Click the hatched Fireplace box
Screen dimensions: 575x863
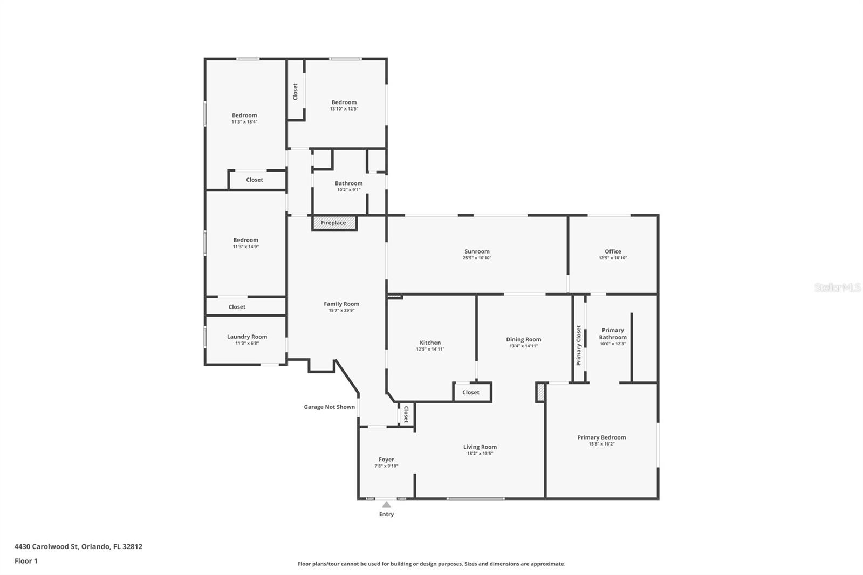(x=334, y=223)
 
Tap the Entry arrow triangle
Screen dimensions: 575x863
(x=386, y=504)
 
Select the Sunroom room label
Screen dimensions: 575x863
(x=477, y=251)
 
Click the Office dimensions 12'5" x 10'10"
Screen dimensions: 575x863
(x=613, y=258)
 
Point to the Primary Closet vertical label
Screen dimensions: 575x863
(x=579, y=345)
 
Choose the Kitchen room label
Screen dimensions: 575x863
(x=430, y=343)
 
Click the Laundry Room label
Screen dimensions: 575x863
(x=247, y=337)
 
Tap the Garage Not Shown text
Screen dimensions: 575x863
(x=329, y=407)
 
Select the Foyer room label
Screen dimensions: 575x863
(x=386, y=460)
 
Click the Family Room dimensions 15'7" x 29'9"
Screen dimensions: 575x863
(x=341, y=310)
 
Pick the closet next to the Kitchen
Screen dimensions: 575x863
(x=471, y=392)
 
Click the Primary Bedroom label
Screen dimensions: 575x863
(x=601, y=437)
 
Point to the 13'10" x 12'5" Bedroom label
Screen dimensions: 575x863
(x=344, y=102)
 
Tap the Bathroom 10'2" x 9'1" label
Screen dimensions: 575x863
(x=348, y=183)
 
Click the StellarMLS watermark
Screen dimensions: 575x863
(x=837, y=287)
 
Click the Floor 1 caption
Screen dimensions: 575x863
(x=26, y=561)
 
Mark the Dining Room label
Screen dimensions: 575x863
(x=523, y=339)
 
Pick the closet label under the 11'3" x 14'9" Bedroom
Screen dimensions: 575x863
(x=237, y=307)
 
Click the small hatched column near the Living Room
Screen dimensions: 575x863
(x=540, y=392)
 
